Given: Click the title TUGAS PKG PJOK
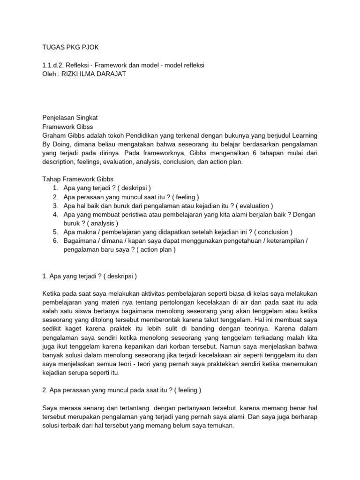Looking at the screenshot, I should click(66, 48).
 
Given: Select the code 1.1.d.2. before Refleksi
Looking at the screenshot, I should click(54, 65).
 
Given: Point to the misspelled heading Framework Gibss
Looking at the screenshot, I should click(67, 126).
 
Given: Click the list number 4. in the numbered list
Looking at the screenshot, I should click(55, 214).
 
